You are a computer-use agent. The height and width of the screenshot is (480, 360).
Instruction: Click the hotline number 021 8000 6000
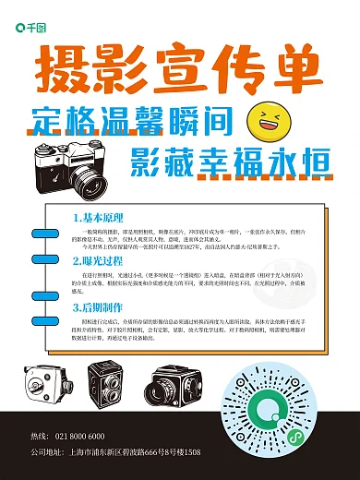pyautogui.click(x=79, y=437)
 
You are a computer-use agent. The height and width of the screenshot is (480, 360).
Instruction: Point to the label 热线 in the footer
pyautogui.click(x=40, y=437)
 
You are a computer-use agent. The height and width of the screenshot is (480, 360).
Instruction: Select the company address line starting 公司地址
pyautogui.click(x=114, y=453)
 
